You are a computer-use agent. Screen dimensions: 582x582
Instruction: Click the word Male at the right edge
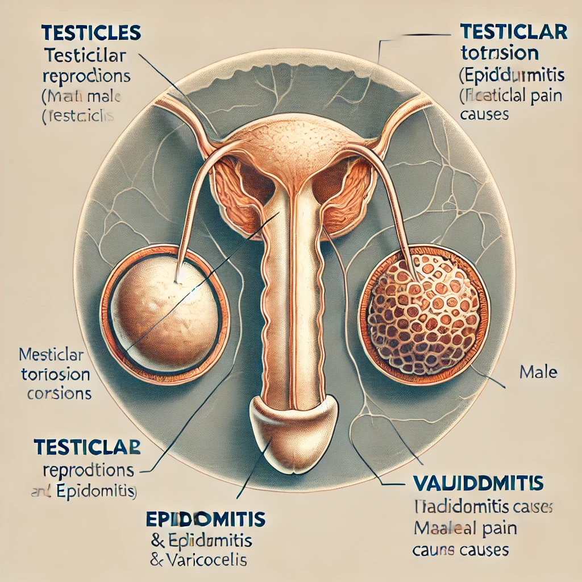tap(538, 373)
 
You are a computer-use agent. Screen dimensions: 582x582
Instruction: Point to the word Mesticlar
tap(51, 356)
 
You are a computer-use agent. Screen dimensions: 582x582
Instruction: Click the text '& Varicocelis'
tap(198, 559)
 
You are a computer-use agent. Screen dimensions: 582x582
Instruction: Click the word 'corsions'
tap(59, 393)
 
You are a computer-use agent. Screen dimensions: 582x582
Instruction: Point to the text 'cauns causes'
tap(460, 550)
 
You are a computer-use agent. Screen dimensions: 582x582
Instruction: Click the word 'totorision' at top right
tap(499, 53)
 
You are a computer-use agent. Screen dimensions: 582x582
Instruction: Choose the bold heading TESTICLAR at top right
tap(513, 31)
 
